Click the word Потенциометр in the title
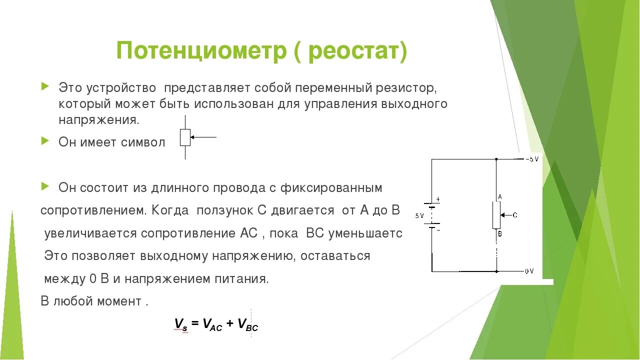click(x=201, y=51)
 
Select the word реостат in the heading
click(x=350, y=51)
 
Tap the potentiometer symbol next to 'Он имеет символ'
click(x=185, y=137)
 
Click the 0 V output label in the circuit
click(x=529, y=271)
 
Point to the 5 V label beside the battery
click(x=419, y=215)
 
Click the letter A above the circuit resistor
click(x=499, y=197)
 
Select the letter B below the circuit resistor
click(x=499, y=233)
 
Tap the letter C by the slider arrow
click(x=514, y=215)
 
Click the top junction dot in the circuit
click(x=496, y=159)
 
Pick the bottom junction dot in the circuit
click(x=496, y=271)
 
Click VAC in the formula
click(x=212, y=324)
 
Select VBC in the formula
click(x=248, y=324)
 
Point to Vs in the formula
click(x=180, y=324)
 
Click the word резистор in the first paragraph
click(x=407, y=88)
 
